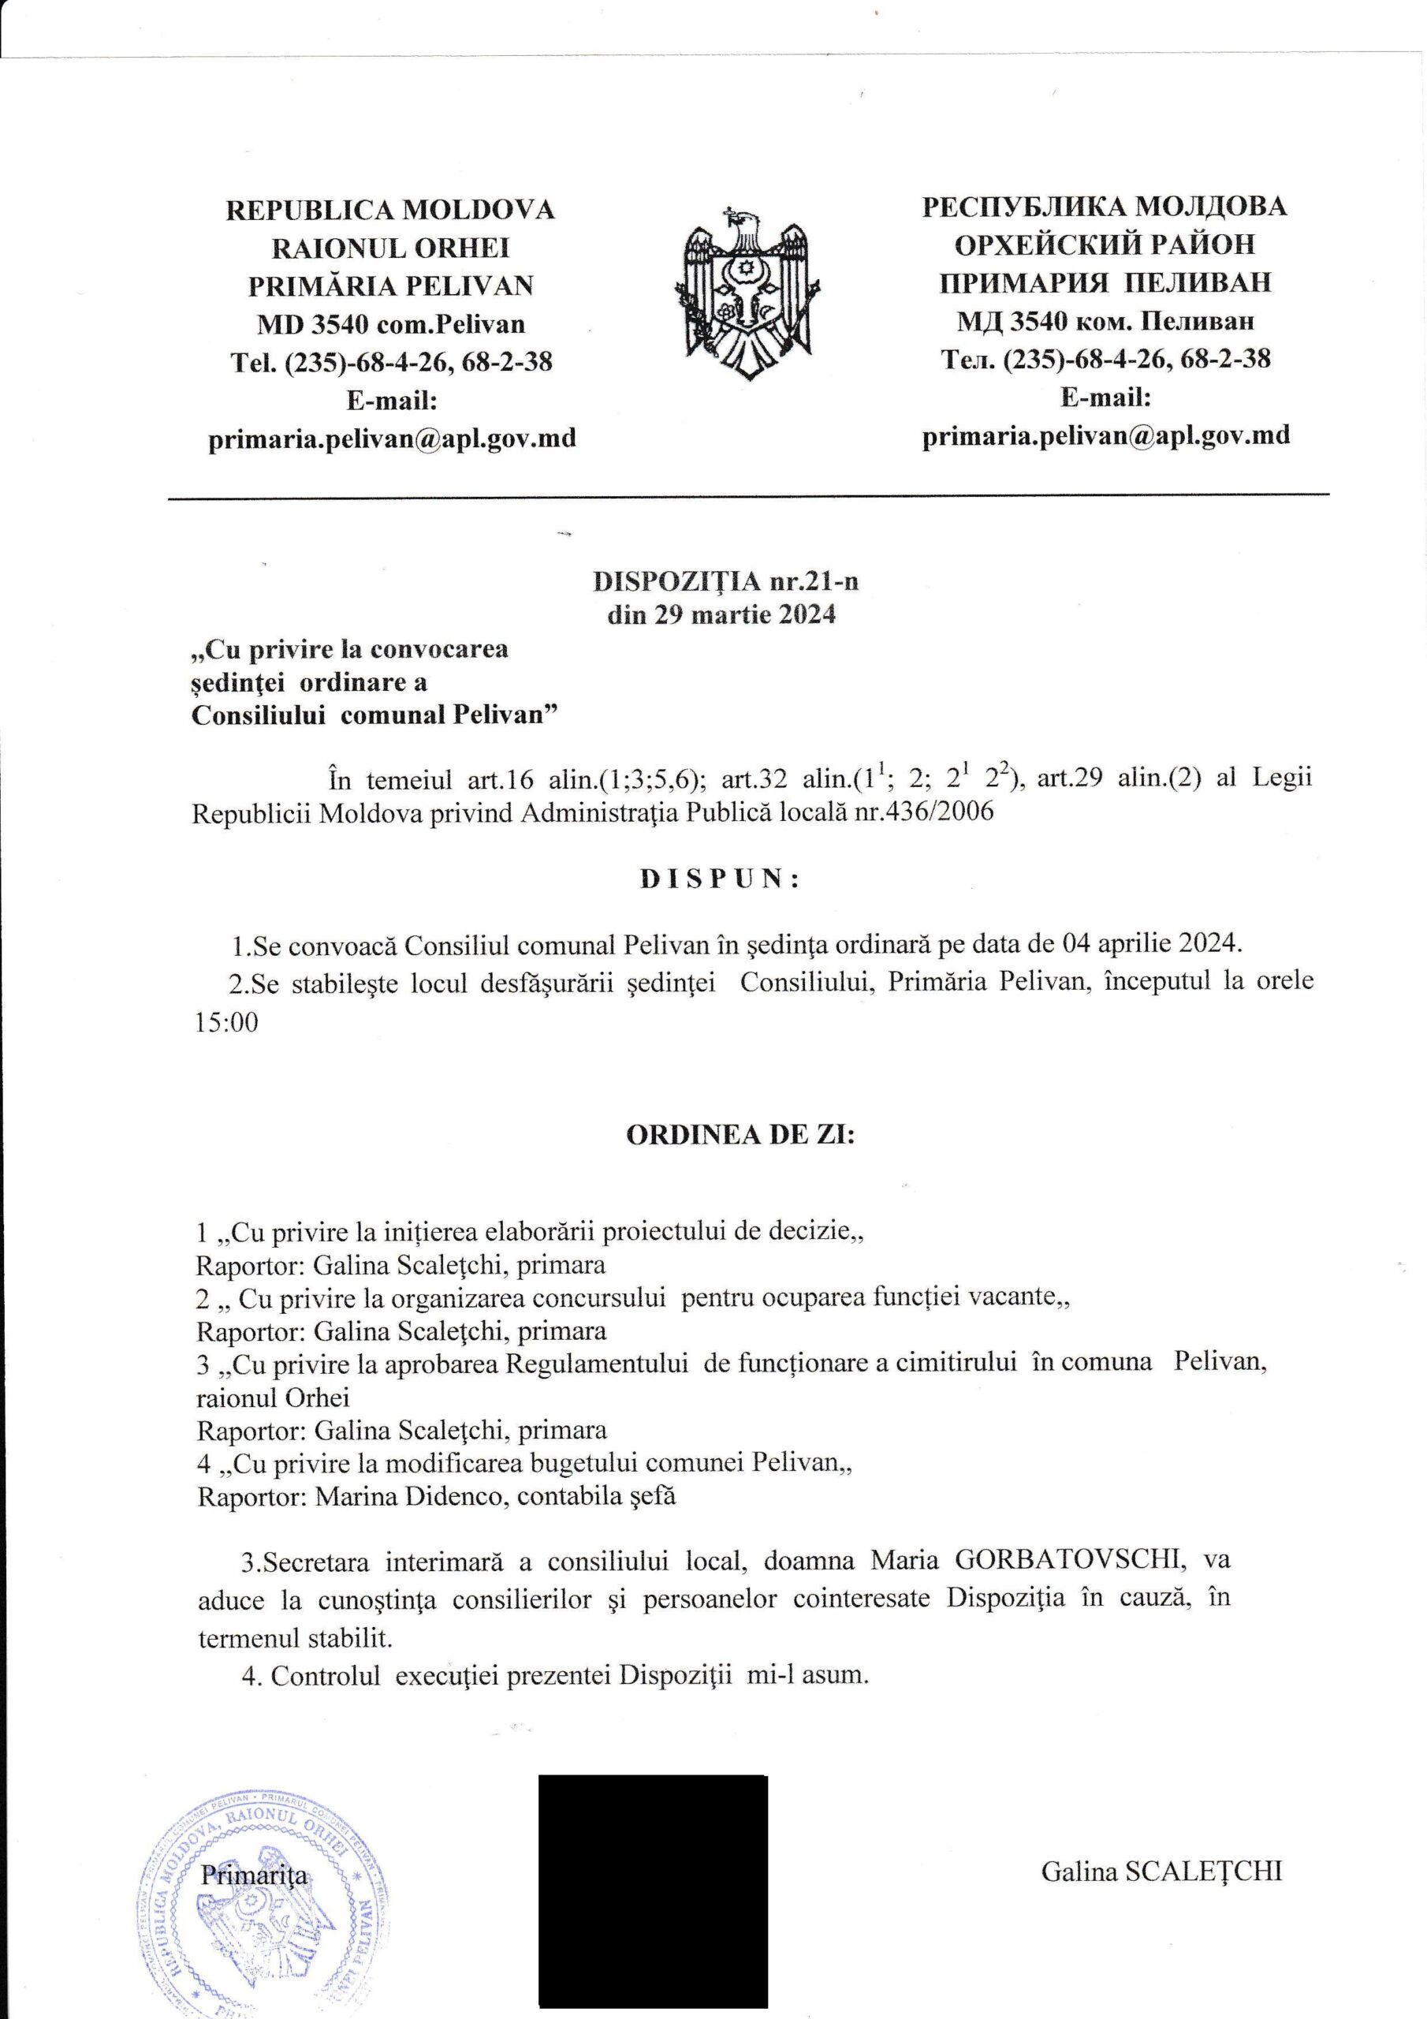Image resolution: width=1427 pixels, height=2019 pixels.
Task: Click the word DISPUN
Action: pos(719,880)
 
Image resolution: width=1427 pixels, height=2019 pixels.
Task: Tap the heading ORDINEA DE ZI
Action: pos(740,1135)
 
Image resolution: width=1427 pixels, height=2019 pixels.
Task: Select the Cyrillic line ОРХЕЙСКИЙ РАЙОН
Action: pos(1105,244)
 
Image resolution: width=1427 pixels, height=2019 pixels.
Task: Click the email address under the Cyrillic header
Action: pos(1105,435)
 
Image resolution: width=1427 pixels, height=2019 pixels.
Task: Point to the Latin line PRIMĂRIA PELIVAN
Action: pos(390,285)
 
